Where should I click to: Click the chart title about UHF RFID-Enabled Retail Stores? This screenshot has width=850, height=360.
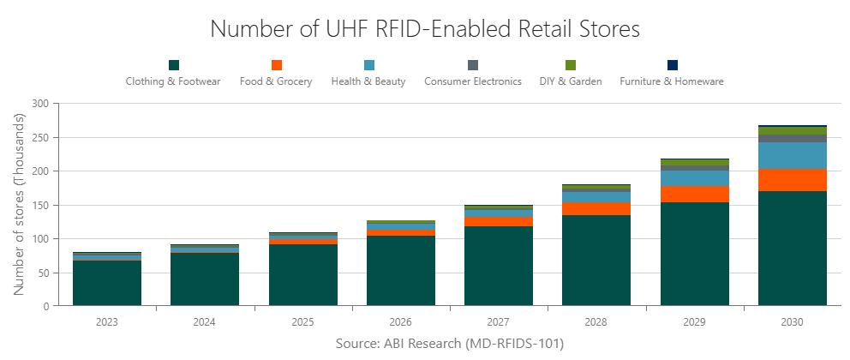(425, 29)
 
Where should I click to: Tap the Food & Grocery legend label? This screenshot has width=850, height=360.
(276, 81)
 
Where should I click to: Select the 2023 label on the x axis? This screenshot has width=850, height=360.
(107, 322)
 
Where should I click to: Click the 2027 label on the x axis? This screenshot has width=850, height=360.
(499, 322)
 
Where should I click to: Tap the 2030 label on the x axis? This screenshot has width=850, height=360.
(793, 322)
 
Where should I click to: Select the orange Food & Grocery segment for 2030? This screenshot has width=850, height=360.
(793, 180)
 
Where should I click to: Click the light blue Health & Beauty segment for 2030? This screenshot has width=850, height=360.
(793, 155)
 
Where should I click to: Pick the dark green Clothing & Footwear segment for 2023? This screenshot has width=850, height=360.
(107, 283)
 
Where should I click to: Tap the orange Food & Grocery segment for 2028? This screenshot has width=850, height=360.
(596, 208)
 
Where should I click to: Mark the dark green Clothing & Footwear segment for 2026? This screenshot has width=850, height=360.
(401, 270)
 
